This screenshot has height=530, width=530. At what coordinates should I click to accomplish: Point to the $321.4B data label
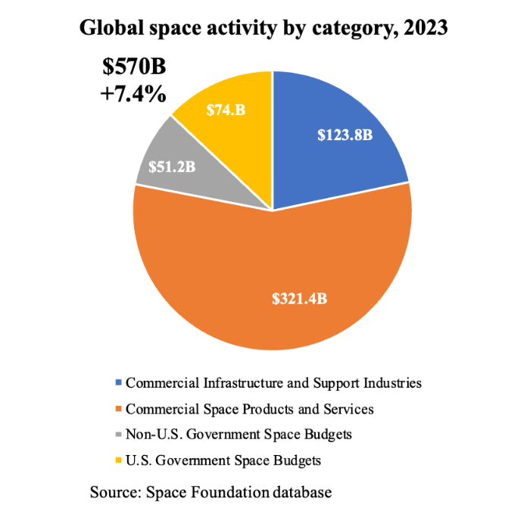(x=301, y=298)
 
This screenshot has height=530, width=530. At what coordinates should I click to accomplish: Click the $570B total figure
(x=134, y=67)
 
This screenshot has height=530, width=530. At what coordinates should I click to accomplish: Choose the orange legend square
(x=117, y=410)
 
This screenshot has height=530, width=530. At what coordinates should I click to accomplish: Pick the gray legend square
(x=117, y=435)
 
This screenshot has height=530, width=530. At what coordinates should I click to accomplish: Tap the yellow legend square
(x=117, y=460)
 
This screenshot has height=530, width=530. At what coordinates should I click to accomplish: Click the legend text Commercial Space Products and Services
(x=250, y=409)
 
